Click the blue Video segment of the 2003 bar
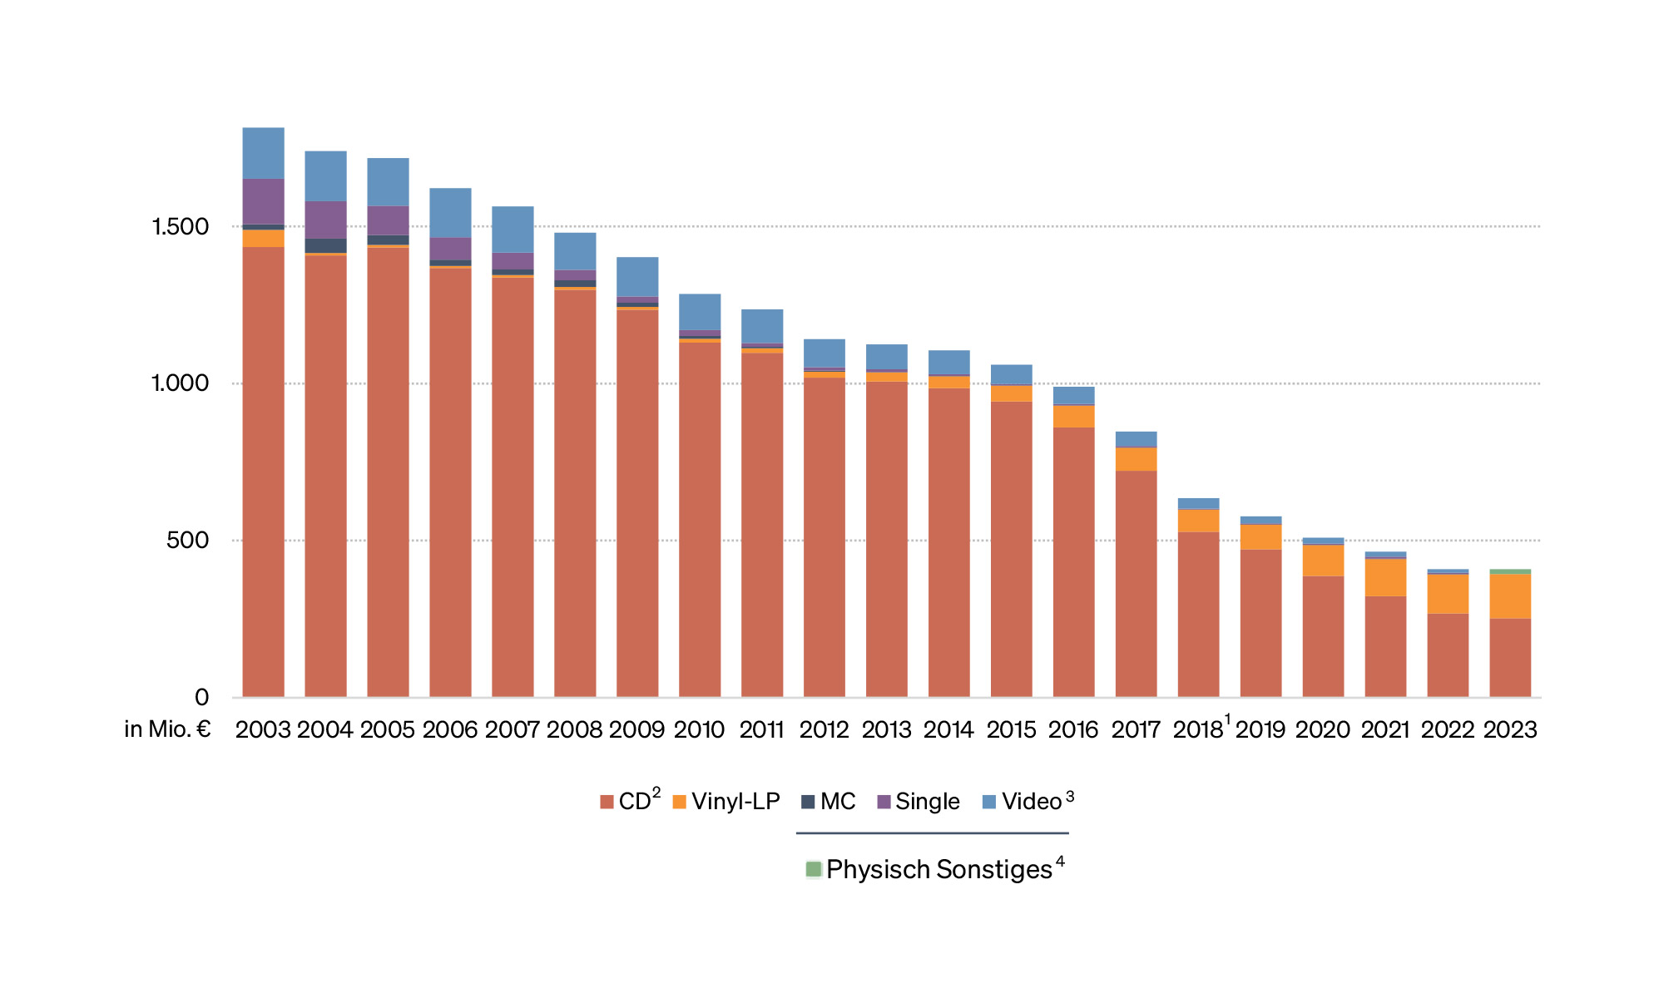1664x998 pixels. tap(263, 153)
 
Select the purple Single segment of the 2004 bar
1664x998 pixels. tap(325, 220)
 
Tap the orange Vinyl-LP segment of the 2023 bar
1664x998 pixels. tap(1510, 595)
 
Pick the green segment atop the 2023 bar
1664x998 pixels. tap(1510, 571)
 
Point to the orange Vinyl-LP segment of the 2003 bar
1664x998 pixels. tap(263, 239)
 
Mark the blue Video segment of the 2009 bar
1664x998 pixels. tap(637, 277)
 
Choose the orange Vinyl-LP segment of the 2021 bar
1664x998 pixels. tap(1385, 577)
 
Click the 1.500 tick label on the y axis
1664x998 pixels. tap(180, 227)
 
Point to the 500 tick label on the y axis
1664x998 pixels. tap(187, 541)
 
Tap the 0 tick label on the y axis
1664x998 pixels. tap(201, 698)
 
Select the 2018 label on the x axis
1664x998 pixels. tap(1198, 730)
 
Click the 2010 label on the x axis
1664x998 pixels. tap(699, 730)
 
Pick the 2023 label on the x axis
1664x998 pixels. tap(1510, 730)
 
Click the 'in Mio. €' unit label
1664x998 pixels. tap(167, 729)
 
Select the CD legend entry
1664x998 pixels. tap(631, 802)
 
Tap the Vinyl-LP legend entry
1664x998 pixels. tap(726, 802)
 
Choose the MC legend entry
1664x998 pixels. tap(829, 802)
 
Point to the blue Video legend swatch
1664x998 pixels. tap(989, 802)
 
